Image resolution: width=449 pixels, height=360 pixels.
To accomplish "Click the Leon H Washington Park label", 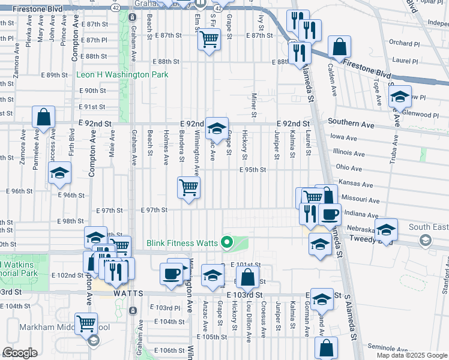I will pos(122,75).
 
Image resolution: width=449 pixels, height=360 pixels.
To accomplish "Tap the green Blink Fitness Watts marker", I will pos(226,243).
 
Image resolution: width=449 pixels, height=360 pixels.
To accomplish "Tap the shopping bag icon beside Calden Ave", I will pos(339,47).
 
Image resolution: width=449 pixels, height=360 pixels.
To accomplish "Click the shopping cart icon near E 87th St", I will pos(208,40).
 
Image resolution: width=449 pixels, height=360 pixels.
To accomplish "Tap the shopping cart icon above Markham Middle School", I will pos(86,323).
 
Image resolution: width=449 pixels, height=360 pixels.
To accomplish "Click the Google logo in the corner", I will pos(20,353).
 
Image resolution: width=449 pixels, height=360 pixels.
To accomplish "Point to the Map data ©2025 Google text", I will pos(411,355).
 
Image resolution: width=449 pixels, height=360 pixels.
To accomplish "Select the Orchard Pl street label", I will pos(403,43).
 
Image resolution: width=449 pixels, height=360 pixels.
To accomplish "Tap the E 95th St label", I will pos(252,170).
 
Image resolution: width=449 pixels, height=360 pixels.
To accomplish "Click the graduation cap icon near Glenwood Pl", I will pos(400,96).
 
